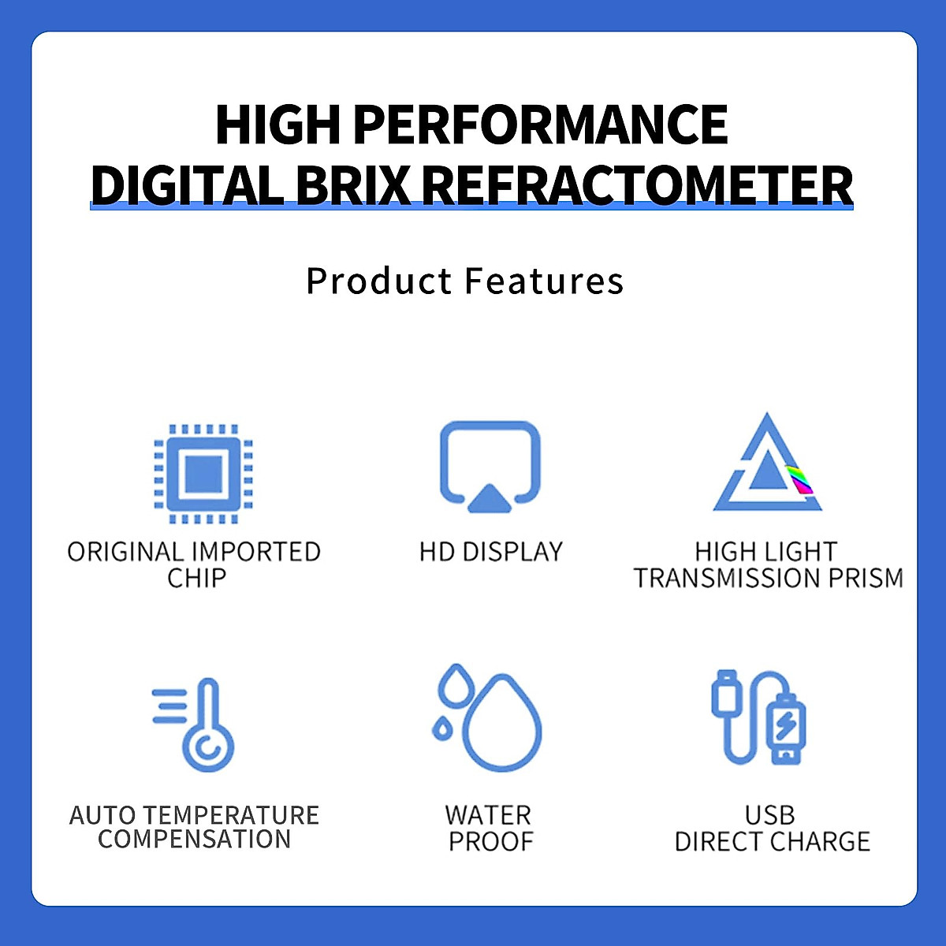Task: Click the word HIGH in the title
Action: [x=277, y=125]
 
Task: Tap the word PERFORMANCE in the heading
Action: [x=541, y=125]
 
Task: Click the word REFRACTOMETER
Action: [x=637, y=185]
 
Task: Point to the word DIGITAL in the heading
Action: [x=187, y=185]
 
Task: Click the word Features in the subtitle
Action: [x=544, y=281]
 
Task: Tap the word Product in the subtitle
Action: [x=379, y=281]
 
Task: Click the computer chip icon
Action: [x=203, y=474]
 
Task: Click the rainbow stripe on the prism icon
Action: [x=799, y=479]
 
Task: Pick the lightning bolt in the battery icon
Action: [x=786, y=724]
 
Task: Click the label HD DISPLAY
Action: [x=490, y=552]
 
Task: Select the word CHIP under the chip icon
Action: [x=196, y=578]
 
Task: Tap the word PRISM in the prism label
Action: [x=866, y=578]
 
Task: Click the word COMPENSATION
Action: [x=195, y=839]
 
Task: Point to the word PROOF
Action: [x=490, y=842]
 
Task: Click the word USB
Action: [x=769, y=816]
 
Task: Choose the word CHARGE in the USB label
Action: [x=821, y=842]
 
